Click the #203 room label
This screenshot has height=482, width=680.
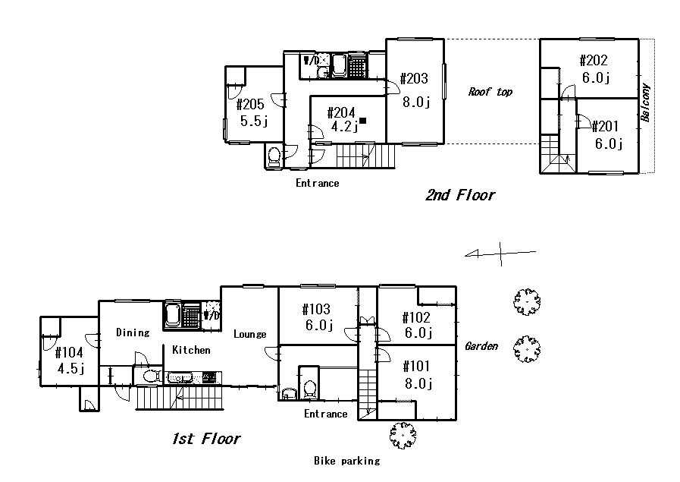[414, 79]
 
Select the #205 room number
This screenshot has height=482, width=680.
[251, 105]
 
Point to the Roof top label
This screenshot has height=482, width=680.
[490, 92]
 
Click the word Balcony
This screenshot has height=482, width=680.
[645, 102]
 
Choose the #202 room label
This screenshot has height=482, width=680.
[594, 61]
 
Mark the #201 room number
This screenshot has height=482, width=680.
[606, 126]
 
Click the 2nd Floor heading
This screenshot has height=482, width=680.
[459, 196]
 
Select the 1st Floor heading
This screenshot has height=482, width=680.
[205, 439]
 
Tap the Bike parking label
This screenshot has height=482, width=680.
[346, 461]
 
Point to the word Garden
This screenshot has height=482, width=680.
[481, 346]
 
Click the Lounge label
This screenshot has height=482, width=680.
[249, 334]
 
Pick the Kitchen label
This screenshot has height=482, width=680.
[191, 350]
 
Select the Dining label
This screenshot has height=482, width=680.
[133, 332]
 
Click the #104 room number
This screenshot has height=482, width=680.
[70, 353]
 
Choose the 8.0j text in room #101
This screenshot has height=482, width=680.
[417, 383]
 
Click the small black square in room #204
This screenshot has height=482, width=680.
[363, 121]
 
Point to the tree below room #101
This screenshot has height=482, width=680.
[403, 436]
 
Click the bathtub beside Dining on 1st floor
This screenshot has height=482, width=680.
[173, 314]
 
